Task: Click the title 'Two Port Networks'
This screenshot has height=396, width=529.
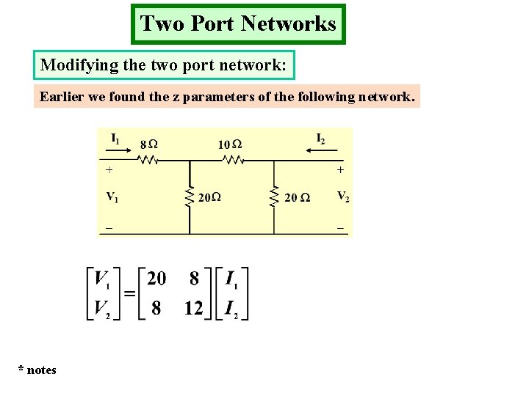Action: pyautogui.click(x=238, y=23)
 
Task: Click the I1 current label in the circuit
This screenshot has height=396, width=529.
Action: pyautogui.click(x=115, y=137)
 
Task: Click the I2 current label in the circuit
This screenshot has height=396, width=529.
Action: pyautogui.click(x=320, y=138)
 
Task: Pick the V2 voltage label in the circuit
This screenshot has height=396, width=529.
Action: pyautogui.click(x=342, y=196)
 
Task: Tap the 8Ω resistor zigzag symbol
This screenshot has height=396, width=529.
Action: pyautogui.click(x=148, y=159)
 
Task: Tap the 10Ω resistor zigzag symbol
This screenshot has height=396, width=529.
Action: pyautogui.click(x=231, y=159)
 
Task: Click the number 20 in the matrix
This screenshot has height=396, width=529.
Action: pyautogui.click(x=156, y=279)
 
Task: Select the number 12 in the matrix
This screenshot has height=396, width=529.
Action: pyautogui.click(x=193, y=309)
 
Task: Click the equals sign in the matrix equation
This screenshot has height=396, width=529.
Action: pyautogui.click(x=129, y=293)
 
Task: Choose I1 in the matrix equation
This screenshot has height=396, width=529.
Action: pyautogui.click(x=231, y=279)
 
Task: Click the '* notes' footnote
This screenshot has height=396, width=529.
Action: pyautogui.click(x=37, y=370)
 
